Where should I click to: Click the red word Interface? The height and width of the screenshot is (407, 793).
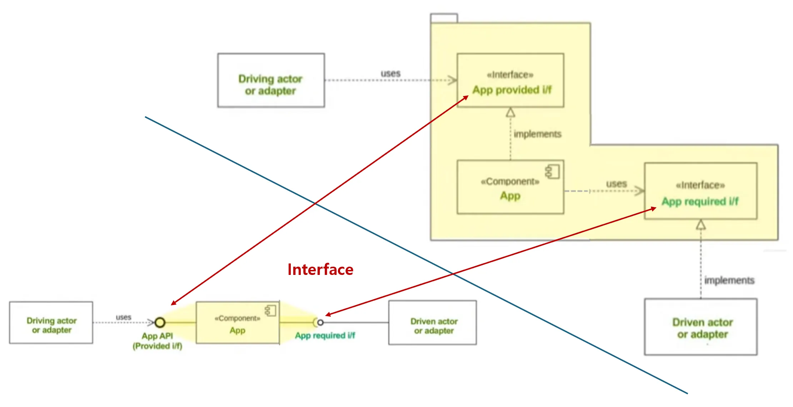(x=320, y=270)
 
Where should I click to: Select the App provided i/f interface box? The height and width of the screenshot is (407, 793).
(x=510, y=80)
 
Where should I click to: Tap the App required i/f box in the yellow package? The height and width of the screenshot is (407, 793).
(x=700, y=191)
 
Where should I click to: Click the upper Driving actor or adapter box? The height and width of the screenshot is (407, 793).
(x=271, y=80)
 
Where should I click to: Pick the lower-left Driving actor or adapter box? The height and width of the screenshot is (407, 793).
(x=51, y=323)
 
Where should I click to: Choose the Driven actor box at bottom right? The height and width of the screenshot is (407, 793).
(x=700, y=327)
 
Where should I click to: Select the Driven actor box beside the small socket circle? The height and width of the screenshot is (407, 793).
(x=433, y=323)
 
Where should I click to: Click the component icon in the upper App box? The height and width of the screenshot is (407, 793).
(x=553, y=172)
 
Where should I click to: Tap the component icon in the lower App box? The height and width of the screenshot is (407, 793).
(x=271, y=311)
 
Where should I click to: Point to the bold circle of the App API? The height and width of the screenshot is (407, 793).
(x=160, y=323)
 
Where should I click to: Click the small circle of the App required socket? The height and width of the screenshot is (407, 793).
(x=320, y=323)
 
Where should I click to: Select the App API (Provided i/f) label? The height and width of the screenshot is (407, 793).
(x=157, y=341)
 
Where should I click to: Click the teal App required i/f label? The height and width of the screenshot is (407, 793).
(x=325, y=336)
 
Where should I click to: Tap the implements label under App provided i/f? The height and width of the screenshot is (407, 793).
(x=538, y=134)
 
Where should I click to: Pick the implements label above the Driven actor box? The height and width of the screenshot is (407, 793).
(x=729, y=281)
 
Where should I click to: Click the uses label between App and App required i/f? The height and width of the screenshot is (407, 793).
(x=616, y=184)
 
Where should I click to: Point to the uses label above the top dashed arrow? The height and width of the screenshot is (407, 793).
(x=390, y=74)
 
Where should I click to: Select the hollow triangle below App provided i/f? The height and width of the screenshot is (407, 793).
(x=510, y=113)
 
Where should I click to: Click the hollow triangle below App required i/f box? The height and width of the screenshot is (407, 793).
(x=701, y=225)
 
